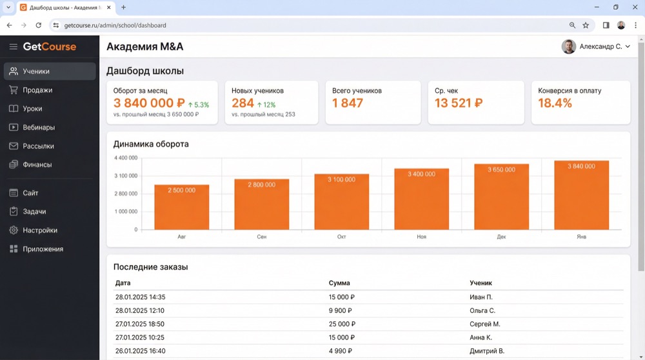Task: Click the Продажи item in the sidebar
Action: [x=37, y=90]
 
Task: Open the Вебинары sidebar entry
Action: [x=38, y=128]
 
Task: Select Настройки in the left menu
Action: [x=39, y=230]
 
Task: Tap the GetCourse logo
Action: [x=50, y=46]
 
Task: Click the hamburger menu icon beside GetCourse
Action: [x=13, y=46]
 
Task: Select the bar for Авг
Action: [x=182, y=207]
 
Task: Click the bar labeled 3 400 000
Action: [x=421, y=199]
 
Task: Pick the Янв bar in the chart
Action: [x=581, y=195]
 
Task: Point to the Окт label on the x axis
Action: [x=342, y=237]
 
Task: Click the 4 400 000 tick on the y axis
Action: [x=125, y=158]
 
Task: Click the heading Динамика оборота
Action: [x=151, y=144]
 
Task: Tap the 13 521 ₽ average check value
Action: [x=459, y=103]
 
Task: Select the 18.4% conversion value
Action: [x=555, y=103]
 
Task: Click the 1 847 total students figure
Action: [x=348, y=103]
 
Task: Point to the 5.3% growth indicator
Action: [x=199, y=105]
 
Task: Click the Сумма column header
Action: [x=339, y=283]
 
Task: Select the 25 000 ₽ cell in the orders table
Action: [x=342, y=324]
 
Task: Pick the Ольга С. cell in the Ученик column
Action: [x=482, y=310]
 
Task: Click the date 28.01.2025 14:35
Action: [x=140, y=297]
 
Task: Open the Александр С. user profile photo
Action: [x=568, y=46]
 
